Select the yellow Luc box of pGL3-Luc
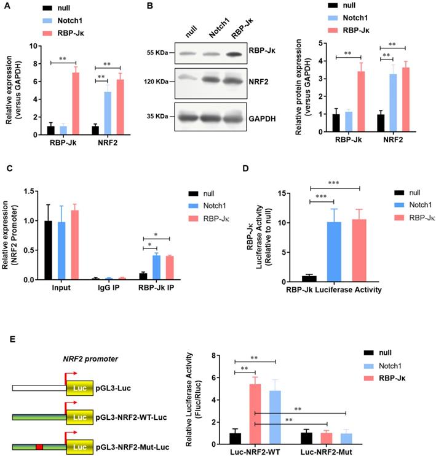tap(79, 388)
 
